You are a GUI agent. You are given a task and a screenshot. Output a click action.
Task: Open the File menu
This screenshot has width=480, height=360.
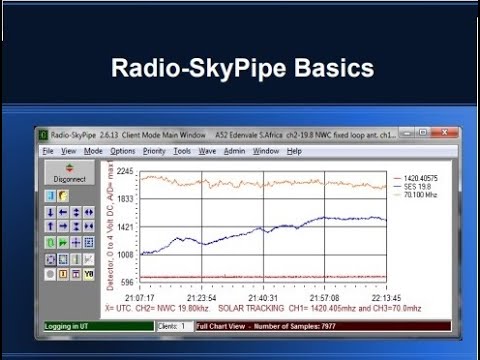tap(47, 151)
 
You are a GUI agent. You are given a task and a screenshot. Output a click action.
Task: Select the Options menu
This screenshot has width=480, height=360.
tap(123, 151)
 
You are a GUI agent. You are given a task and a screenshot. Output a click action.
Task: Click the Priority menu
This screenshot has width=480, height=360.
tap(154, 151)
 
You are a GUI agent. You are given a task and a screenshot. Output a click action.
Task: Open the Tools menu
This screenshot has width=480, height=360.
tap(182, 151)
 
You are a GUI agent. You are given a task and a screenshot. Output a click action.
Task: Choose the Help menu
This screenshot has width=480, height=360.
tap(294, 151)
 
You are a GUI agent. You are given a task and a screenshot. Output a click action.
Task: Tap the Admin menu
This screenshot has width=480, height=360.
tap(234, 151)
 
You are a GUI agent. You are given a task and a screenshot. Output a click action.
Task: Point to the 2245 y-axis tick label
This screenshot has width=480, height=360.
tap(125, 172)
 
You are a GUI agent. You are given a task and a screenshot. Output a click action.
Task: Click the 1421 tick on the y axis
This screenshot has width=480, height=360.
tap(125, 227)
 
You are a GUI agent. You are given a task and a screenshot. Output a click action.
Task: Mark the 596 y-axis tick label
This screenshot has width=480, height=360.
tap(127, 283)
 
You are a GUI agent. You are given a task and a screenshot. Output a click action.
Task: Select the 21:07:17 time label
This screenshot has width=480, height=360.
tap(139, 297)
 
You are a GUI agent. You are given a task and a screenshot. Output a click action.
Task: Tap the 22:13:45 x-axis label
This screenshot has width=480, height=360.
tap(385, 297)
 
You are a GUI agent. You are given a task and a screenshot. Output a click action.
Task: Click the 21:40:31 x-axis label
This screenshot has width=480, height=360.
tap(262, 297)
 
